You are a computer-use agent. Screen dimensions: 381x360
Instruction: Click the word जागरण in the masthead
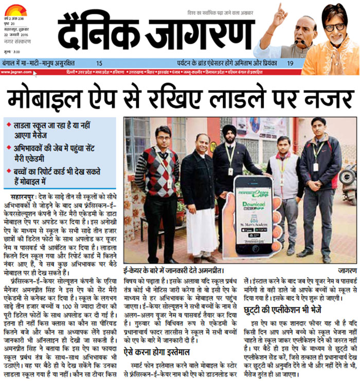pyautogui.click(x=193, y=32)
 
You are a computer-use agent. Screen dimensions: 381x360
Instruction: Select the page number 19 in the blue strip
pyautogui.click(x=291, y=63)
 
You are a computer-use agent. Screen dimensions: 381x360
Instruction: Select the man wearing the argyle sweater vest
pyautogui.click(x=161, y=190)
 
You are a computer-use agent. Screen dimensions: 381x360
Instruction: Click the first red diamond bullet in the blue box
pyautogui.click(x=8, y=125)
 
